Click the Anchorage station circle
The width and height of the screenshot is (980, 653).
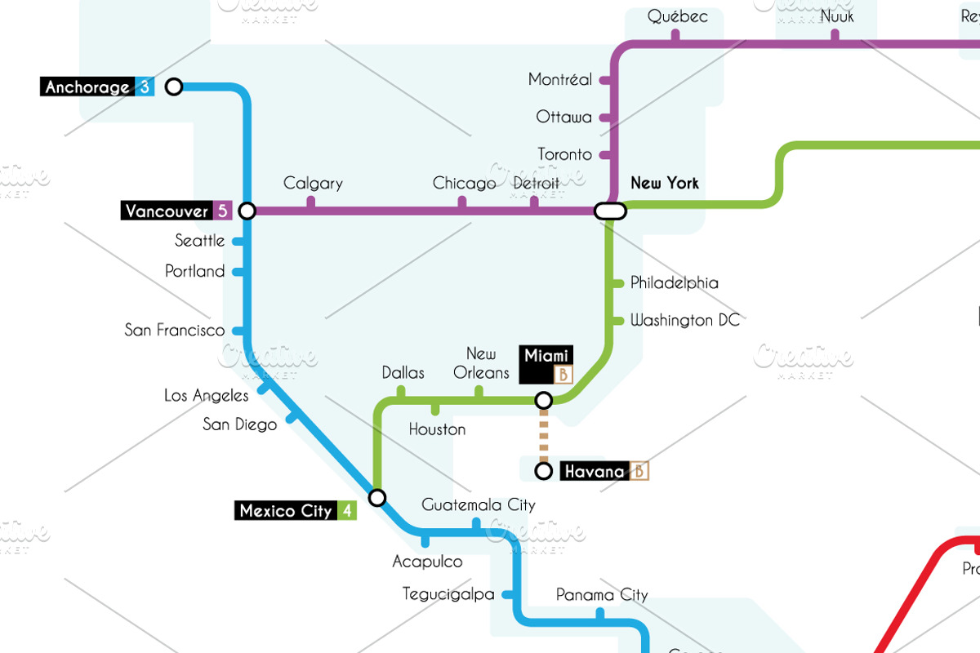[174, 87]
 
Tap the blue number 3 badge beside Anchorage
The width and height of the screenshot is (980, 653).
[145, 87]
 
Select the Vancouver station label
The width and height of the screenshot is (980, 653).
[167, 211]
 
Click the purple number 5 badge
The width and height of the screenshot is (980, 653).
[222, 211]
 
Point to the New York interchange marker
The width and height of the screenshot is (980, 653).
[610, 211]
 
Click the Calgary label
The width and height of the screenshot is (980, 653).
[313, 184]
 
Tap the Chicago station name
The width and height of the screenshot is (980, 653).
[464, 183]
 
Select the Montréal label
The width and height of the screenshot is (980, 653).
[560, 80]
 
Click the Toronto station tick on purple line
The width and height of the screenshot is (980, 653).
[605, 154]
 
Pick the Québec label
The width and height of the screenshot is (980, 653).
[677, 16]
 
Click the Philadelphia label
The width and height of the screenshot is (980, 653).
[675, 283]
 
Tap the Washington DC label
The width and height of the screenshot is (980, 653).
[685, 320]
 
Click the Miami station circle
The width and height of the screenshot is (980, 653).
[543, 400]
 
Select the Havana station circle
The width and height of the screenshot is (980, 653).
[543, 471]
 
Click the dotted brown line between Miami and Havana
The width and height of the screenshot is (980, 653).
[543, 435]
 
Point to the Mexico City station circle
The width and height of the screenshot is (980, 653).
[377, 497]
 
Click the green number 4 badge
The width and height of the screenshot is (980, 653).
[347, 511]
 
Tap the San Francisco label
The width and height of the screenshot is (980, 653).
[174, 331]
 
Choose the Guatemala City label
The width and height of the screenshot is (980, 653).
[479, 505]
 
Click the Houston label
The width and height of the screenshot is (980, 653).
[437, 429]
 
